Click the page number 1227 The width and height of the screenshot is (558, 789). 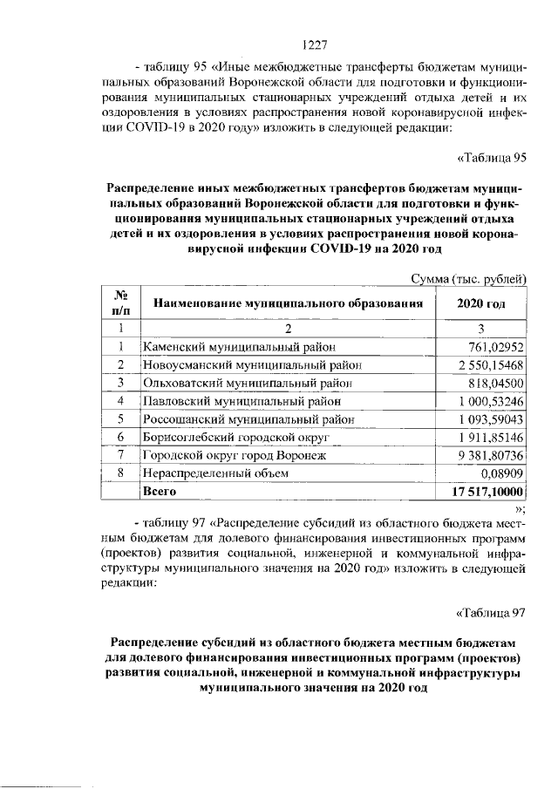pos(313,44)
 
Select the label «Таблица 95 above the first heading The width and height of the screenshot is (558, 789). pos(493,157)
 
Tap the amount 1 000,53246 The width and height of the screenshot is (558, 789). pos(491,401)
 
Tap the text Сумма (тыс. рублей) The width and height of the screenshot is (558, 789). pos(469,279)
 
